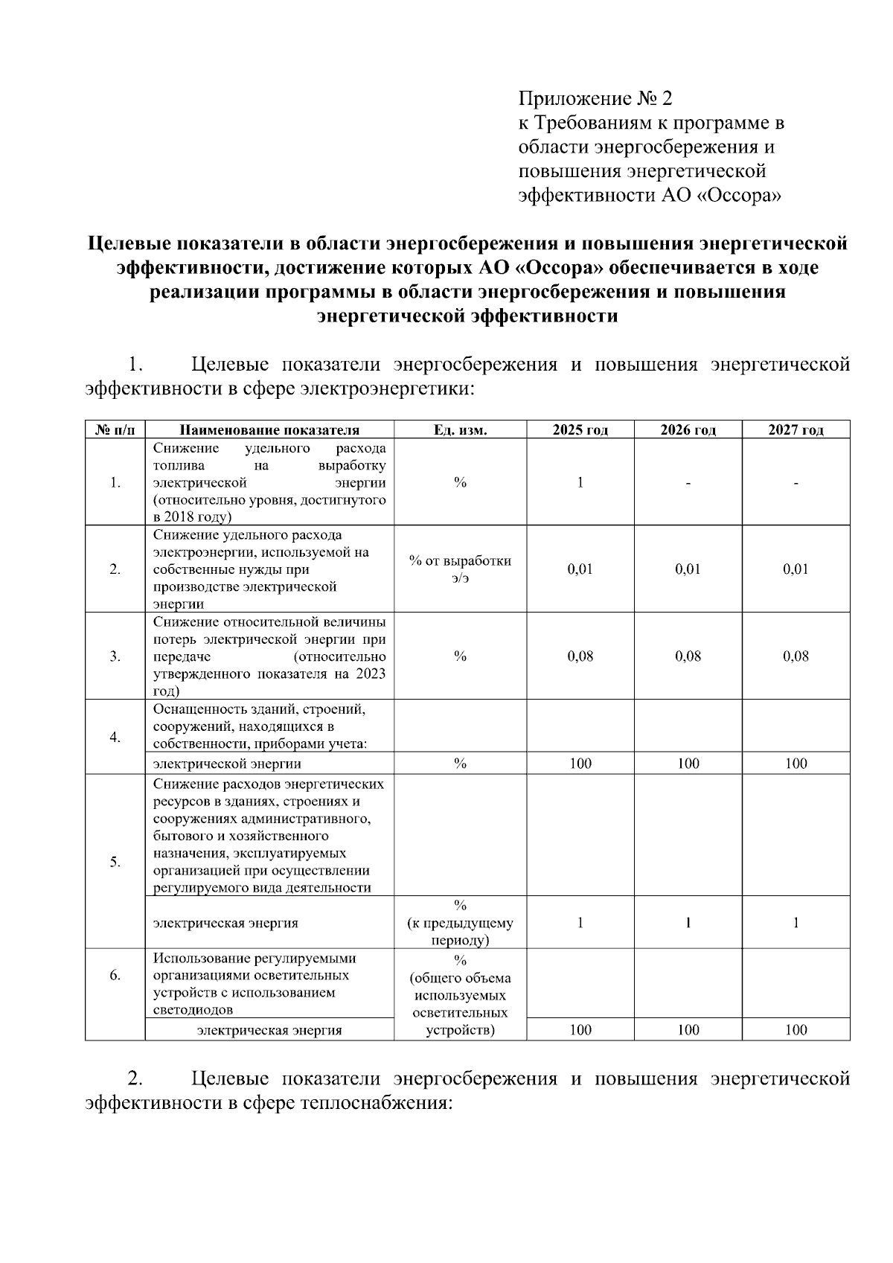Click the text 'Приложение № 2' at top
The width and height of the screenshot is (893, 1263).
point(595,98)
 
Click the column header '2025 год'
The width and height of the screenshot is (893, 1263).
point(580,430)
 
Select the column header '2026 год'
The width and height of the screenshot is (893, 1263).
point(688,430)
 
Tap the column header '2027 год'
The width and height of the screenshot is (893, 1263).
point(796,430)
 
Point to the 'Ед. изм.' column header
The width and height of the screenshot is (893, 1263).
point(460,430)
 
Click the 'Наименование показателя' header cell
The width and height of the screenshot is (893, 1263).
point(269,430)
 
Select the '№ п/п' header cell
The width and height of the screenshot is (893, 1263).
point(115,430)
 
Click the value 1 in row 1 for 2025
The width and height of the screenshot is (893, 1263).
point(580,482)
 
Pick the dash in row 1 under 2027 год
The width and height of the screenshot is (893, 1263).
point(796,484)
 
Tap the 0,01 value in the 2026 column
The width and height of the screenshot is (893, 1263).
point(688,569)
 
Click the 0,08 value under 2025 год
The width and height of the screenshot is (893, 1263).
point(580,656)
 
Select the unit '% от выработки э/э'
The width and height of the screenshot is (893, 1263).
point(460,569)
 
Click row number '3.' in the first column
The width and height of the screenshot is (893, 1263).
point(115,656)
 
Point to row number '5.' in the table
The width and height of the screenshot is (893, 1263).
point(115,862)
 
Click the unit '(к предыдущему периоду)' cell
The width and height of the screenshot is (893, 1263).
point(460,924)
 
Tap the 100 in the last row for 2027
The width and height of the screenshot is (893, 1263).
point(796,1030)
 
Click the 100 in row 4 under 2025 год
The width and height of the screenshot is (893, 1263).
point(580,764)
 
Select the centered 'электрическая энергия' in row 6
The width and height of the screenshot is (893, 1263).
point(269,1030)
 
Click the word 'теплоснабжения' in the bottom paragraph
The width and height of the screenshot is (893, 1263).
point(376,1102)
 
